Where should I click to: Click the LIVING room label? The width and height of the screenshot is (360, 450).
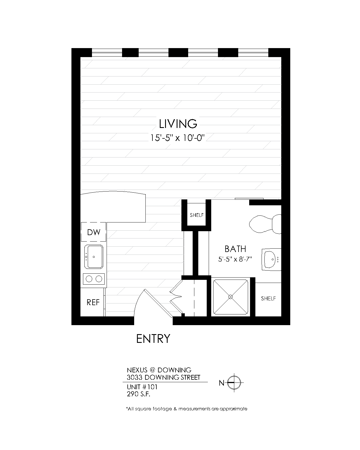[178, 124]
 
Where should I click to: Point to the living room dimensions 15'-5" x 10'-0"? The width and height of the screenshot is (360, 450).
[177, 138]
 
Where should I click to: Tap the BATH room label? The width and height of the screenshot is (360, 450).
[235, 249]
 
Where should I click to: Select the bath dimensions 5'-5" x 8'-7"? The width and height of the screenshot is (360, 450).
[235, 259]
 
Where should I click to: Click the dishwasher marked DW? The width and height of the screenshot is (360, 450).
[93, 232]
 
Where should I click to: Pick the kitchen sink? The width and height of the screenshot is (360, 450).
[94, 256]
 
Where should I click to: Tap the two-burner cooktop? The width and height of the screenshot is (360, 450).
[94, 279]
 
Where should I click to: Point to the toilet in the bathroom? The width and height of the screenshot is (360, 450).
[265, 224]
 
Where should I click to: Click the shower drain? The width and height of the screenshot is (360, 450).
[230, 297]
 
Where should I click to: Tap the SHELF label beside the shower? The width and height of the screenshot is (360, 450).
[268, 298]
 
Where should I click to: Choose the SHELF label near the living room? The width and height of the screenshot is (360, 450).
[197, 215]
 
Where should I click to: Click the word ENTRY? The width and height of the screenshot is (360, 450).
[153, 339]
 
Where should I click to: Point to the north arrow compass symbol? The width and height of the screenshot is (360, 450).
[234, 382]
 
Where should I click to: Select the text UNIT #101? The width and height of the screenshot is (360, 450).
[142, 387]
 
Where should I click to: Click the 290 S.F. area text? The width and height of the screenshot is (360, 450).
[138, 394]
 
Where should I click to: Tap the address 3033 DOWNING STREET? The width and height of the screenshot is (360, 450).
[163, 377]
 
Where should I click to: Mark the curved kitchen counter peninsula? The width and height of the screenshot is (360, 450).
[113, 207]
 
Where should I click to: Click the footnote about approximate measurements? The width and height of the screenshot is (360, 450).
[186, 409]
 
